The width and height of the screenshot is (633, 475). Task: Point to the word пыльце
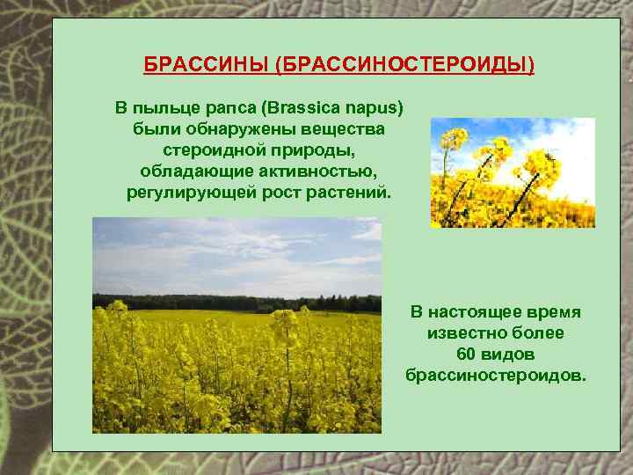[x=167, y=108]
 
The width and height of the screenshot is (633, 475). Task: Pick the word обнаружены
[x=222, y=129]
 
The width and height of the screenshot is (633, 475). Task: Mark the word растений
[x=344, y=191]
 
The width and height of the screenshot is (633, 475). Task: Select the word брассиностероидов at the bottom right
[x=495, y=376]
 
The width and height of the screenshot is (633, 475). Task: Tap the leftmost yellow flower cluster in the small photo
[x=454, y=140]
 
